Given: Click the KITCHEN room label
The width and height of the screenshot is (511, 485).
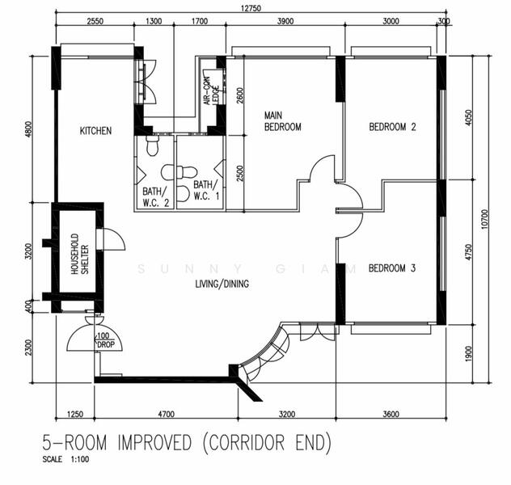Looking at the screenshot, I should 95,131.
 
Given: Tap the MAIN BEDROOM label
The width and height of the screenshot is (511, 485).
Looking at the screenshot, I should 282,121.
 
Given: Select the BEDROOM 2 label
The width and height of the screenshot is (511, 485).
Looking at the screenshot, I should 392,127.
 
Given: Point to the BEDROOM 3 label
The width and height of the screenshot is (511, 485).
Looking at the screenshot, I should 391,268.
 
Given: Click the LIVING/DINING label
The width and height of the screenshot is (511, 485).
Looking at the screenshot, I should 222,284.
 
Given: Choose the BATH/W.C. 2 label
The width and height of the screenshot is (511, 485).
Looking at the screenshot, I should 155,196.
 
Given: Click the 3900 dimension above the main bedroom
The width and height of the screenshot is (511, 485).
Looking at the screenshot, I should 285,23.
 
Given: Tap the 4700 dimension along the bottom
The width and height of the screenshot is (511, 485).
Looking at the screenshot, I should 166,414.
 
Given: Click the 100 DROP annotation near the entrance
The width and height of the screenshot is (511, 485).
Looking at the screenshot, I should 105,340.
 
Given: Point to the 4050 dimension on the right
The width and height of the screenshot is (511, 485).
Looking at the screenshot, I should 467,119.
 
